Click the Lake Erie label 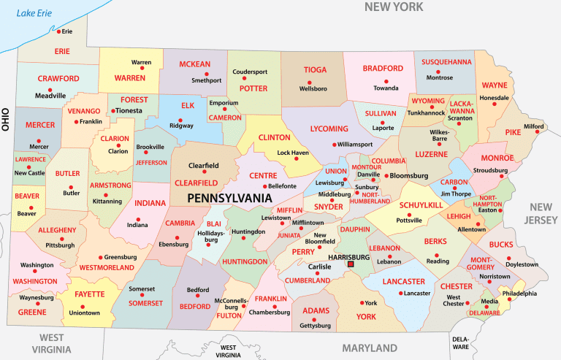tap(34, 13)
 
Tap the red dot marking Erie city tap(58, 32)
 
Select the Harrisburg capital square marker tap(351, 265)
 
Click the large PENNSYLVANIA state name tap(237, 198)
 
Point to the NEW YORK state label tap(394, 7)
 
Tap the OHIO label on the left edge tap(5, 116)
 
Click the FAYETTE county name tap(88, 294)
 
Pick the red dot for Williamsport tap(335, 145)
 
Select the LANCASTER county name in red tap(403, 281)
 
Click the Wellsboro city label tap(313, 88)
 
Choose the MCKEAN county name tap(194, 64)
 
